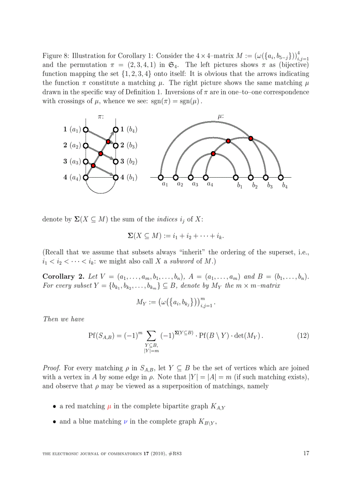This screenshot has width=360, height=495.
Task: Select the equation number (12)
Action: point(303,335)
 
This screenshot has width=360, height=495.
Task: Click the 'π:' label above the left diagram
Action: point(101,117)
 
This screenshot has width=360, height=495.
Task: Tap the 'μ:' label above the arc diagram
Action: point(221,117)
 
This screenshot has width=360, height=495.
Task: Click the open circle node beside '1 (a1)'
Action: point(86,130)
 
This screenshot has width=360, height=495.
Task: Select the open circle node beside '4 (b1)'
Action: point(116,177)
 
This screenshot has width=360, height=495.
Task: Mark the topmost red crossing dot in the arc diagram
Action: point(251,138)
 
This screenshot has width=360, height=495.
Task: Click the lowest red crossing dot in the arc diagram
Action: point(213,153)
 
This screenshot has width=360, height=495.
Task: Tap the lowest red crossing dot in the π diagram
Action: point(93,165)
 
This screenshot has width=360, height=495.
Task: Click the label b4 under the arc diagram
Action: point(285,186)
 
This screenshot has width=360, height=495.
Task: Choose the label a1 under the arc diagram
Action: point(165,185)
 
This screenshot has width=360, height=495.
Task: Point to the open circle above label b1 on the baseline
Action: point(236,177)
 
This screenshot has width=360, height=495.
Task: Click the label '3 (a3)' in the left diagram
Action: point(71,161)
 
